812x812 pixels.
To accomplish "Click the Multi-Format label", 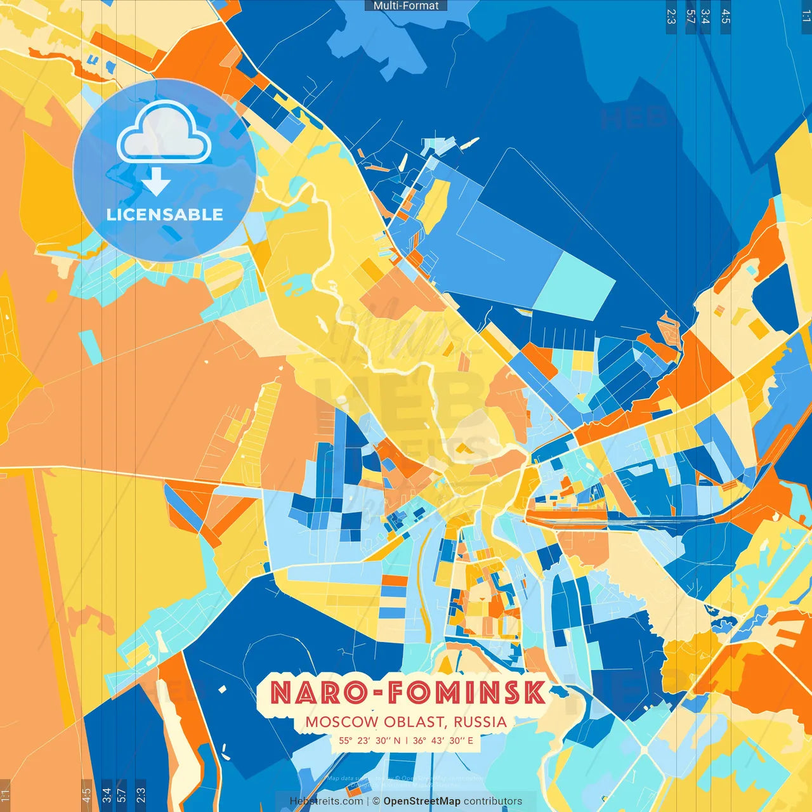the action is [x=406, y=6].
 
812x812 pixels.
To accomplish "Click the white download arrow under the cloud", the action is [x=156, y=183].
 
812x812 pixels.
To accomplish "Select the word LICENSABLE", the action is [x=165, y=214].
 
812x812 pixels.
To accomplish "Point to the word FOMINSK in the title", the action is [x=466, y=693].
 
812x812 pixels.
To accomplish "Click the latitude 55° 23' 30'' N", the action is [x=370, y=740].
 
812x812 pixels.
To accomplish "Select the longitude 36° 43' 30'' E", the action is [x=443, y=740].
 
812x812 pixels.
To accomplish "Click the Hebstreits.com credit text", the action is [x=326, y=801].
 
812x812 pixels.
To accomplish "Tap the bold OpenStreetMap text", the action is [x=422, y=801].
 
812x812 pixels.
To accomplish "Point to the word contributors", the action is [x=493, y=801].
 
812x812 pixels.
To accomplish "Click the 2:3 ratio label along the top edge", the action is [x=671, y=16].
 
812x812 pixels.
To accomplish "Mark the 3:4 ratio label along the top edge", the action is [x=705, y=16].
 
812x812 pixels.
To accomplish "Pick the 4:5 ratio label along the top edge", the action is [x=726, y=16].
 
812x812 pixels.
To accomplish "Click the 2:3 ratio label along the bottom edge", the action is [x=141, y=795].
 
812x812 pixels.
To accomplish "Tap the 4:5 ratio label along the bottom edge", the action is [x=87, y=795].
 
